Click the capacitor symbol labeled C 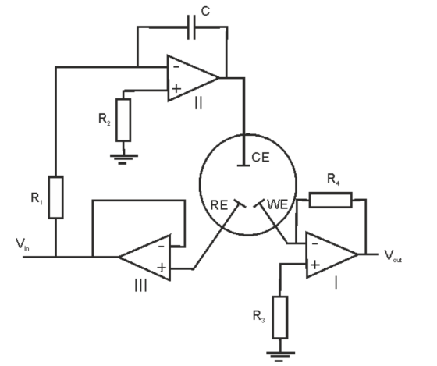pyautogui.click(x=191, y=27)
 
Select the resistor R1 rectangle pyautogui.click(x=55, y=197)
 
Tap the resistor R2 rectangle pyautogui.click(x=123, y=120)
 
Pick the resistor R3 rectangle pyautogui.click(x=280, y=318)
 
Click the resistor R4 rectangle pyautogui.click(x=331, y=200)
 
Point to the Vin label pyautogui.click(x=23, y=244)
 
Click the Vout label pyautogui.click(x=393, y=256)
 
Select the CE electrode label pyautogui.click(x=261, y=158)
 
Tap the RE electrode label pyautogui.click(x=219, y=205)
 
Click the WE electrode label pyautogui.click(x=277, y=204)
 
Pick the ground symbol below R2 pyautogui.click(x=124, y=159)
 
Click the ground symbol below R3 pyautogui.click(x=280, y=357)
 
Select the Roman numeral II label pyautogui.click(x=198, y=104)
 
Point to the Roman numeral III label pyautogui.click(x=140, y=286)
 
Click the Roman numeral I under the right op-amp pyautogui.click(x=336, y=283)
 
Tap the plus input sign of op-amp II pyautogui.click(x=176, y=89)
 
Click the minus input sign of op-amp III pyautogui.click(x=162, y=247)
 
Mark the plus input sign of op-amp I pyautogui.click(x=315, y=265)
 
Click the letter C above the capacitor pyautogui.click(x=205, y=11)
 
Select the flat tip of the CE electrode pyautogui.click(x=243, y=165)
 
